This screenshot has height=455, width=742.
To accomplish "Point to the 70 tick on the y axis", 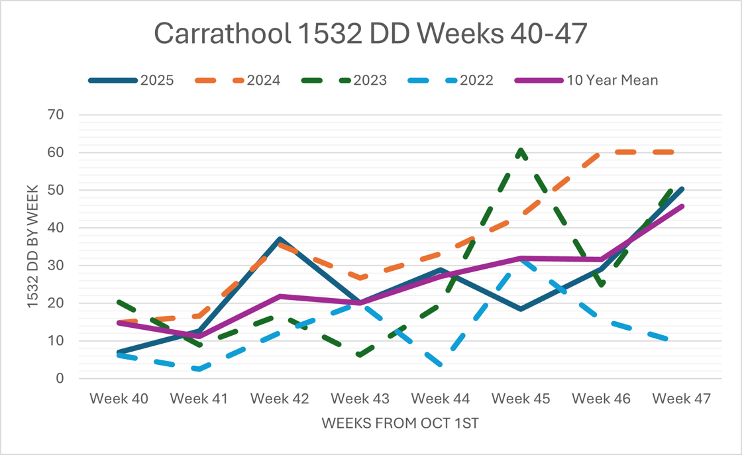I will click(x=55, y=115).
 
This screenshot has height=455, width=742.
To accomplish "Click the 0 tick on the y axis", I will click(x=60, y=379).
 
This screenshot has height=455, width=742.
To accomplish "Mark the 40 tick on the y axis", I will click(x=55, y=228).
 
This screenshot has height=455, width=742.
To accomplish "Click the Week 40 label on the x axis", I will click(x=119, y=399).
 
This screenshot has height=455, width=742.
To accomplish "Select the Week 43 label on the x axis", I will click(x=360, y=399).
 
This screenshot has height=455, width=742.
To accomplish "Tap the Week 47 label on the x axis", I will click(x=681, y=399).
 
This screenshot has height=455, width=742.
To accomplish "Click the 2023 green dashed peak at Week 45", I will click(x=521, y=150).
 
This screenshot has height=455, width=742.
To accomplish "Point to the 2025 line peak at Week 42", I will click(x=280, y=239).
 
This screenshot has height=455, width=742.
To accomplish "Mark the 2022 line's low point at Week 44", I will click(x=441, y=365).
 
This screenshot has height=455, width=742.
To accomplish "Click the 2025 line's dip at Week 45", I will click(x=521, y=309).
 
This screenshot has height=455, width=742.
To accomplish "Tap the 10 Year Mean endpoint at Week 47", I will click(x=682, y=206).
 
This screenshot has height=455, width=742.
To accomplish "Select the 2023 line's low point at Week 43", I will click(x=360, y=356).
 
